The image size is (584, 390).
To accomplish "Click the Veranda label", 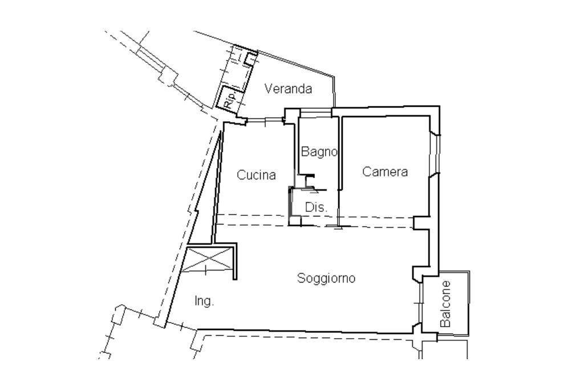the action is coord(288,89).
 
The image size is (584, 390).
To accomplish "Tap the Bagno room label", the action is coord(319,152).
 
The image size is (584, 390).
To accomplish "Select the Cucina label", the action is coord(256,175).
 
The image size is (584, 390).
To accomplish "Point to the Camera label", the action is coord(385,171).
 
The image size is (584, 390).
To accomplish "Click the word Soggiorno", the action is coord(326,278).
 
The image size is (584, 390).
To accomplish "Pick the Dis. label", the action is coord(316,207).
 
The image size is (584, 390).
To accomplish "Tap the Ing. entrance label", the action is coord(204,301).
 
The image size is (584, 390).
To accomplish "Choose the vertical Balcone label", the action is coord(445,304).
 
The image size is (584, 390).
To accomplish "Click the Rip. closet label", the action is coord(230,99).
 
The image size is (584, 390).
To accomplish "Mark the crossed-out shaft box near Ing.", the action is coord(208,259).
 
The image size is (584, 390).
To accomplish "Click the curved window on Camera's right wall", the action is coord(435,154).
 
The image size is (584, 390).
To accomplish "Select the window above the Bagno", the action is coord(316,112).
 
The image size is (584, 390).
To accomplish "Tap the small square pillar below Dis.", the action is coord(295,221).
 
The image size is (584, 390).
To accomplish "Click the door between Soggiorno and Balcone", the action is coord(420,304).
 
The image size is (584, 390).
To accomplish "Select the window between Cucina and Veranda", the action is coord(265,120).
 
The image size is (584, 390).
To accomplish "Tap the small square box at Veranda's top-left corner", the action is coord(251,59).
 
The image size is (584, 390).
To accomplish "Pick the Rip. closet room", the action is coord(229,98).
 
